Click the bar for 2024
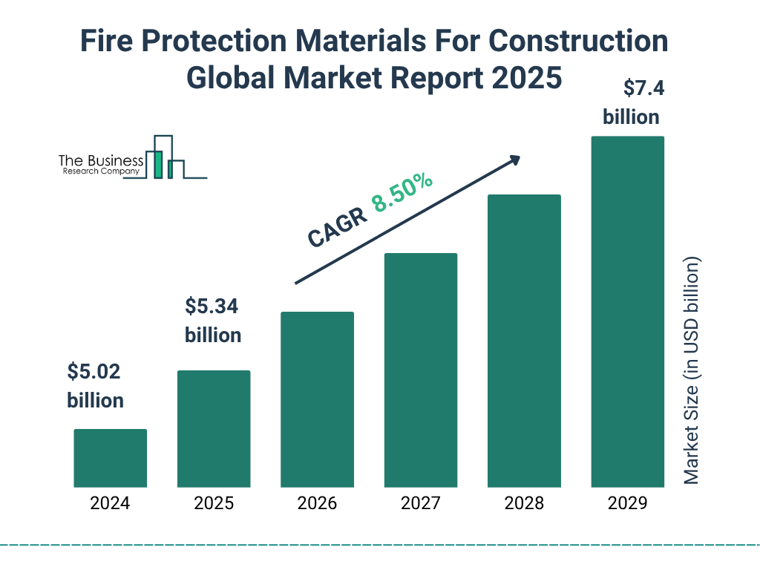click(110, 458)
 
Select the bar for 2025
click(214, 428)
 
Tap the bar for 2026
click(317, 399)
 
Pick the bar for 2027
click(420, 370)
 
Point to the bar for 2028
click(524, 341)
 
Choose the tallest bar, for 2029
click(627, 312)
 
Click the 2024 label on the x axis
click(110, 503)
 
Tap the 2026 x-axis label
click(317, 503)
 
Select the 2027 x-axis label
click(420, 503)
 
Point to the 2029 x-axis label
click(627, 503)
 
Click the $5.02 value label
click(94, 371)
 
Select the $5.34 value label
click(212, 306)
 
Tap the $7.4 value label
click(633, 89)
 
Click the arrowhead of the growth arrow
click(514, 160)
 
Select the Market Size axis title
click(692, 371)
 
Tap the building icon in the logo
click(165, 157)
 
